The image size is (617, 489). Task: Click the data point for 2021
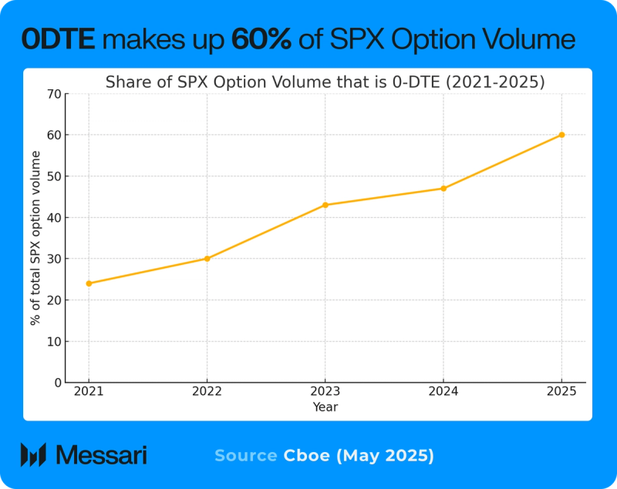point(89,283)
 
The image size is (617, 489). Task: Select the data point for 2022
point(207,259)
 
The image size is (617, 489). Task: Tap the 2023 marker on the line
point(325,205)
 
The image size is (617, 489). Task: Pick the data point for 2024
point(443,188)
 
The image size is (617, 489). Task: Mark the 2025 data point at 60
point(561,135)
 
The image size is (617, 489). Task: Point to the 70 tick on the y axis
point(54,94)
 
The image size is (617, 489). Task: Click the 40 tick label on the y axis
point(54,217)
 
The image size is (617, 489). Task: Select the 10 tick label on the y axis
point(54,341)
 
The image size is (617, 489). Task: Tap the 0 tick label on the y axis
point(57,383)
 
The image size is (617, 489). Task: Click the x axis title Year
point(325,407)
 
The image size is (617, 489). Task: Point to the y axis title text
point(35,238)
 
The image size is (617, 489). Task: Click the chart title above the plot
point(325,82)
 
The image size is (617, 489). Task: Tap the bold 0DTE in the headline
point(59,39)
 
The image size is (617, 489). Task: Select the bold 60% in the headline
point(261,39)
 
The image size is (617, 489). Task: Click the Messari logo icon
point(33,455)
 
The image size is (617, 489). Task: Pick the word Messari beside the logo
point(102,455)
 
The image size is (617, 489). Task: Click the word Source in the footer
point(245,456)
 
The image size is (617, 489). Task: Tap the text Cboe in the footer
point(307,456)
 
